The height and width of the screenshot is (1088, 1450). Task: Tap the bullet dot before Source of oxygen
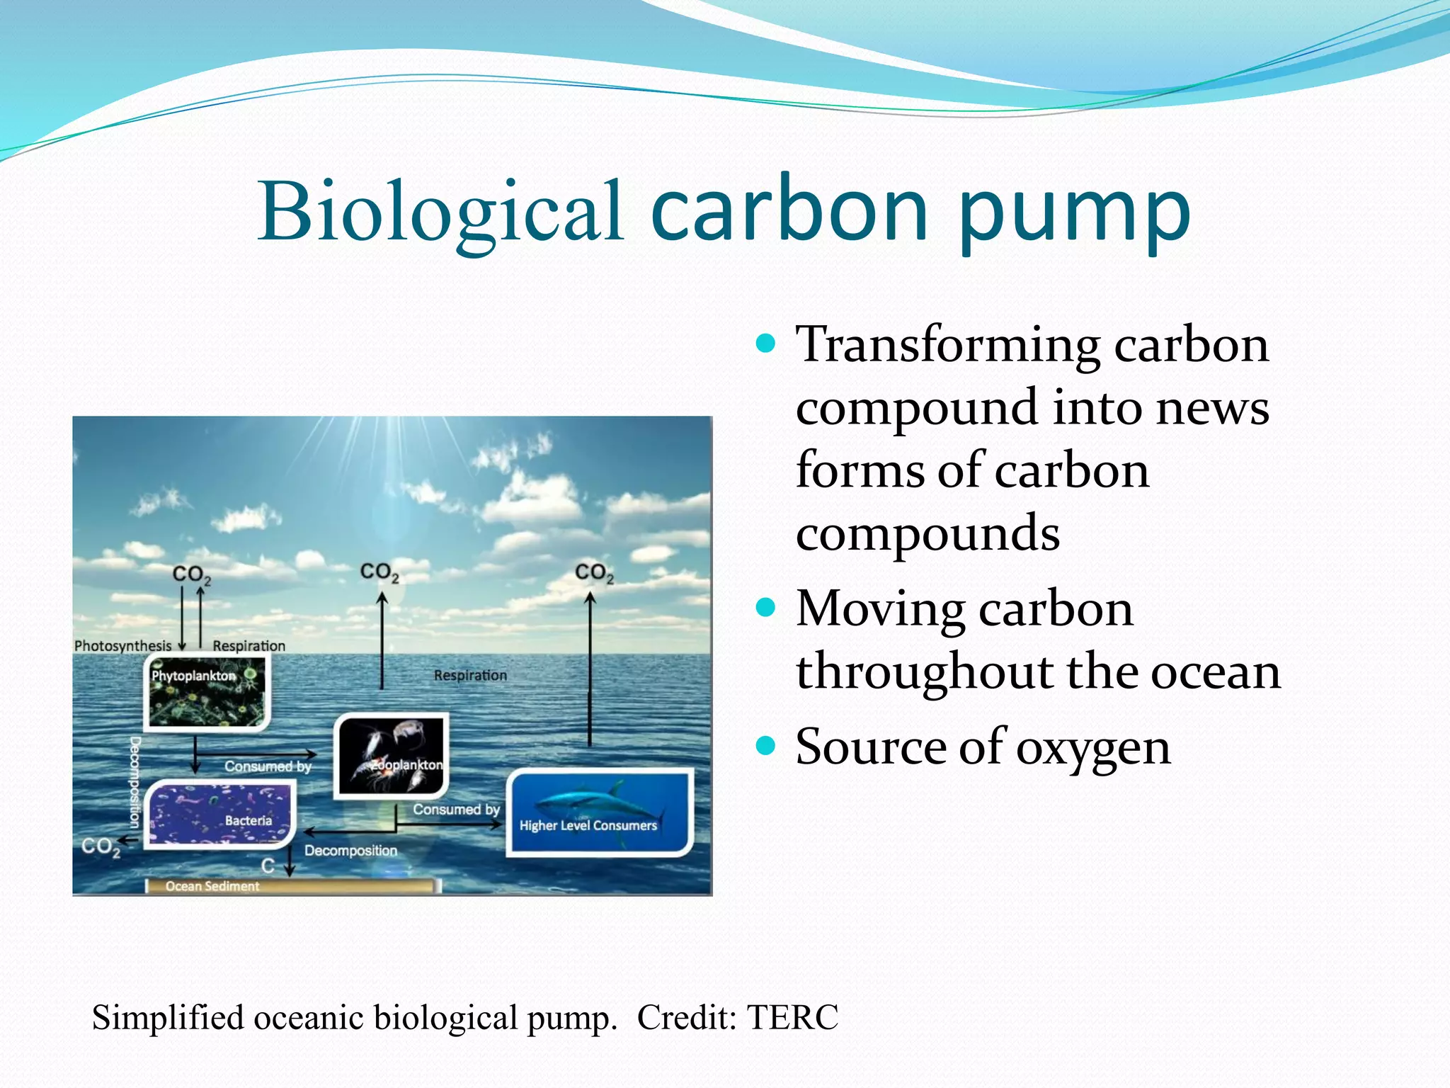pyautogui.click(x=765, y=746)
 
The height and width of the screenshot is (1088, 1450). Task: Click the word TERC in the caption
pyautogui.click(x=792, y=1018)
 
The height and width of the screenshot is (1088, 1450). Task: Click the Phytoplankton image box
pyautogui.click(x=207, y=693)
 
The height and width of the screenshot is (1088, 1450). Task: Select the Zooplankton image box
pyautogui.click(x=392, y=756)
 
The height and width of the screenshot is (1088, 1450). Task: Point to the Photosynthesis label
pyautogui.click(x=122, y=646)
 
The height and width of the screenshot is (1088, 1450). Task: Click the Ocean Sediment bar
pyautogui.click(x=290, y=886)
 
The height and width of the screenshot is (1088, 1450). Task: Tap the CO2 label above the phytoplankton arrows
pyautogui.click(x=191, y=574)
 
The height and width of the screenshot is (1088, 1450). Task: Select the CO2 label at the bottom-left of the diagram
pyautogui.click(x=100, y=846)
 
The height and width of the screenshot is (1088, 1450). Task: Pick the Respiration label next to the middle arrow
pyautogui.click(x=470, y=676)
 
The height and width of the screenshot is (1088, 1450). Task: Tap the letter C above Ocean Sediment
pyautogui.click(x=268, y=866)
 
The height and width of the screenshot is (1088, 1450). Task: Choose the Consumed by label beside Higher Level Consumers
pyautogui.click(x=456, y=809)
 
